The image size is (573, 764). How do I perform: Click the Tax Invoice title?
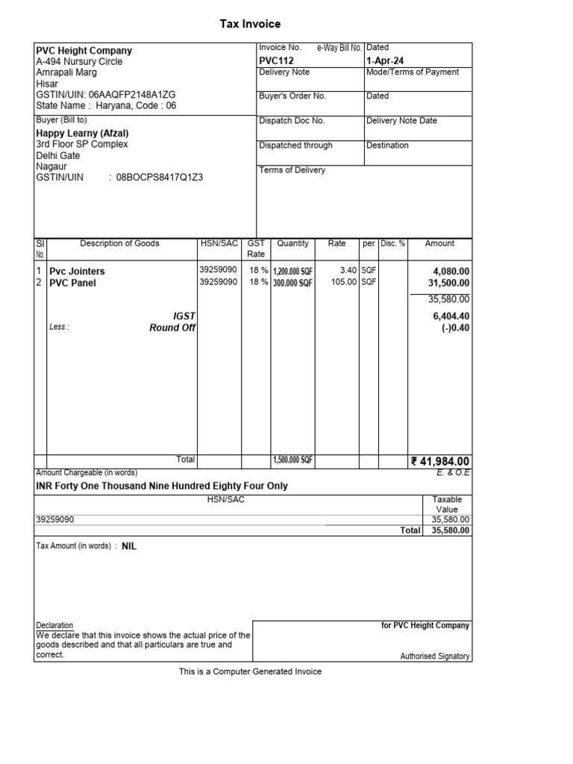click(250, 25)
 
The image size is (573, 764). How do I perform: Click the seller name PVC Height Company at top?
click(84, 51)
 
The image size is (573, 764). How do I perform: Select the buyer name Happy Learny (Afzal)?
click(83, 134)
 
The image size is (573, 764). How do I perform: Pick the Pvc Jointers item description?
click(77, 272)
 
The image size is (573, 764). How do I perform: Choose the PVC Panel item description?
click(72, 284)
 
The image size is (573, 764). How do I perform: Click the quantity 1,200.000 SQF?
click(293, 272)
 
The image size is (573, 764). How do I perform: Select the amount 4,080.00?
click(451, 272)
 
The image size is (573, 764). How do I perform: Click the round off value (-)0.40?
click(455, 328)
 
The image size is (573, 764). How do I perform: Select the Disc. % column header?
click(392, 244)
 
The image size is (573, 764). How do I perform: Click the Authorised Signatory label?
click(435, 657)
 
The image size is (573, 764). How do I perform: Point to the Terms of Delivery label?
click(292, 170)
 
